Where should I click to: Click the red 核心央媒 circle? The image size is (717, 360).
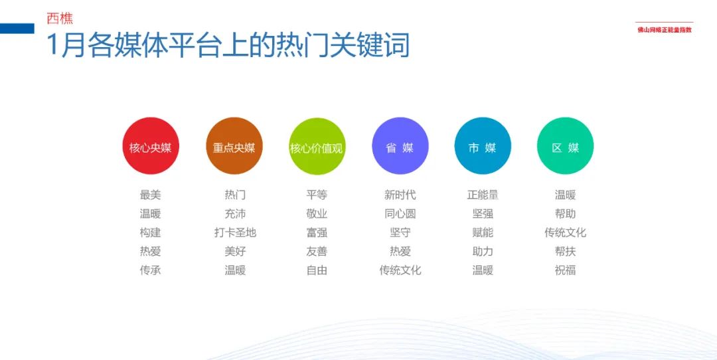point(151,146)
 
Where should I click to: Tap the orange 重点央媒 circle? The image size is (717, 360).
point(234,146)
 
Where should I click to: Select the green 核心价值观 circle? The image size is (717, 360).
point(317,146)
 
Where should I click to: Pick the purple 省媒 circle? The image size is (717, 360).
point(400,146)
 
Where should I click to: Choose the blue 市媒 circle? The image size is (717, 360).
point(483,146)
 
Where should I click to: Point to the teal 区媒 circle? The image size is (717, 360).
point(565,146)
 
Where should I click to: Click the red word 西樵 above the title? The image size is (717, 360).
point(60,19)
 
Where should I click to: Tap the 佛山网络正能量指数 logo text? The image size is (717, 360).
point(665,30)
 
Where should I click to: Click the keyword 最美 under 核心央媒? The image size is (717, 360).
point(151,195)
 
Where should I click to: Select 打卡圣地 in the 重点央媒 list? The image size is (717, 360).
point(235,232)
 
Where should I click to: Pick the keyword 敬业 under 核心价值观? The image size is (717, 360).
point(317,214)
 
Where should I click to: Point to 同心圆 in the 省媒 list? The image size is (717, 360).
point(400,214)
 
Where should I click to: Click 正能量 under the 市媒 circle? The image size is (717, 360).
point(483,195)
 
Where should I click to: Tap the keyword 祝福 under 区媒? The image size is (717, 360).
point(565,270)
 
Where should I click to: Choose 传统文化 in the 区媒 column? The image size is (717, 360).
point(565,232)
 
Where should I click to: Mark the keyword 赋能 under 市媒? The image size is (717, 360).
point(483,232)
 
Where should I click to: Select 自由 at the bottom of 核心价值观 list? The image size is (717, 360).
point(317,270)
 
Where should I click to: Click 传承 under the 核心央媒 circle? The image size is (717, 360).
point(151,270)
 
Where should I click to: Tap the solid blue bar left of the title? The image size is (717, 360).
point(17,29)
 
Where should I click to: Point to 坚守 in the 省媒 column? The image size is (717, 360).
point(400,232)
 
